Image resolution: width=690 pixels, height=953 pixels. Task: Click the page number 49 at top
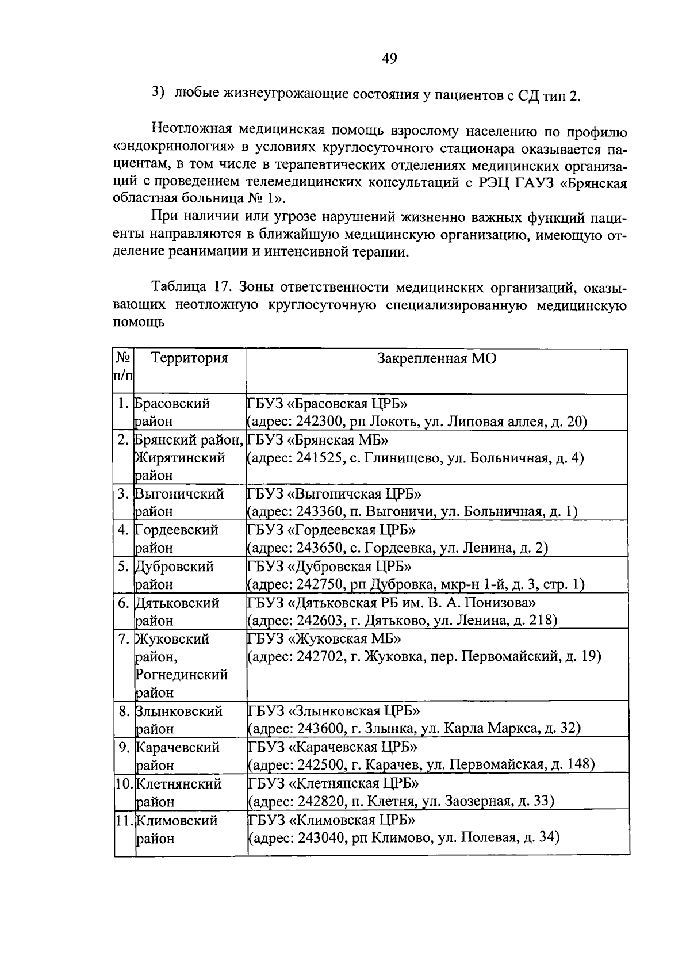pos(389,59)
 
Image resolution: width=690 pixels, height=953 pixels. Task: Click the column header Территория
pos(189,358)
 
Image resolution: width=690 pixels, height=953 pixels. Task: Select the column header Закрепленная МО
pos(436,358)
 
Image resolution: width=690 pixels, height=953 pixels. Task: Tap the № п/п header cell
pos(124,367)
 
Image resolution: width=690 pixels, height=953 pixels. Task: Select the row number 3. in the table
pos(124,494)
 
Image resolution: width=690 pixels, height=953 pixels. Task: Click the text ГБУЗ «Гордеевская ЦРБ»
pos(331,530)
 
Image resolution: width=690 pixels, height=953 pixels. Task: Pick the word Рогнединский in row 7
pos(182,674)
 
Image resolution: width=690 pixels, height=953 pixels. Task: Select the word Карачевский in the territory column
pos(178,747)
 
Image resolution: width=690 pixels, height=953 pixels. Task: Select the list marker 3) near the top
pos(158,93)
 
